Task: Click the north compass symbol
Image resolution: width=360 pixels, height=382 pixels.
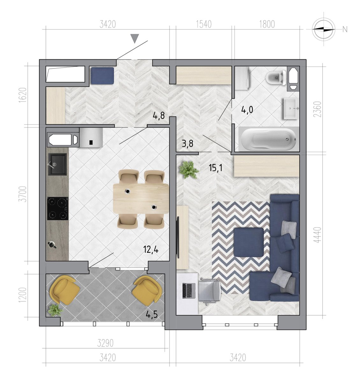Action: coord(323,29)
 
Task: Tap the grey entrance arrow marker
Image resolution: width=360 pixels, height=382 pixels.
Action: coord(134,39)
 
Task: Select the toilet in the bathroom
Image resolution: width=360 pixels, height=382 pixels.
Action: coord(276,78)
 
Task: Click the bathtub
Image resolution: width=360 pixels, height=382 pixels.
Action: coord(269,139)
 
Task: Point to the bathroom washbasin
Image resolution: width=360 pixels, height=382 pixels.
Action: coord(291,108)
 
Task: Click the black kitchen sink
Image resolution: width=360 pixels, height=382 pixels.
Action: coord(57,164)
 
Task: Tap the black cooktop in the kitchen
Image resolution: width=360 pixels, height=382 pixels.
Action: coord(58,209)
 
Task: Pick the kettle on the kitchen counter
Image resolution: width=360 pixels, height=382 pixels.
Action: coord(52,245)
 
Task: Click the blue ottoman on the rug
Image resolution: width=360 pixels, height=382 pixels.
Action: coord(249,242)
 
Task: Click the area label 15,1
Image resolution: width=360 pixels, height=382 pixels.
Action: coord(216,168)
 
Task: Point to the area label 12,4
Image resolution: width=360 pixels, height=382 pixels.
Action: coord(151,250)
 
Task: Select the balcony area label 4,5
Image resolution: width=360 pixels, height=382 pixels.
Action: coord(152,315)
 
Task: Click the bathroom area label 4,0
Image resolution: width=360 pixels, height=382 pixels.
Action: coord(247,110)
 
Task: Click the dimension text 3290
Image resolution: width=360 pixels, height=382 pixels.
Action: coord(105,343)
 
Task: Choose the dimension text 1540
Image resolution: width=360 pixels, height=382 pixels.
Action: coord(204,25)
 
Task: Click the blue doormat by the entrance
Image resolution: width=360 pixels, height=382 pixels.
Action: coord(102,75)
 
